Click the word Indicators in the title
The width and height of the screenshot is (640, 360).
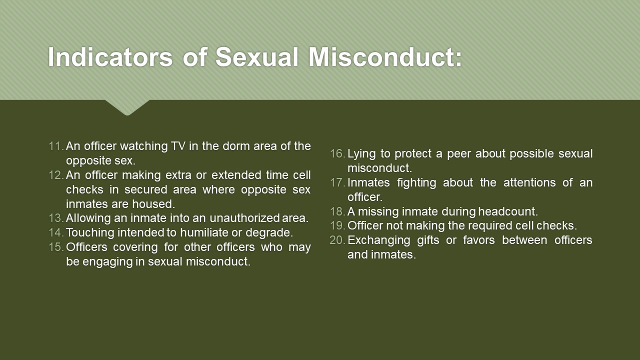(110, 57)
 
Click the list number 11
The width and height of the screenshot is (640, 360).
(56, 146)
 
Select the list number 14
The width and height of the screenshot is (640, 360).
(56, 232)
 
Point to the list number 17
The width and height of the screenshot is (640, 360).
(337, 182)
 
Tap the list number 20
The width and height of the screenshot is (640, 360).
(337, 240)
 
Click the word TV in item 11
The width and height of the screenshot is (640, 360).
(178, 146)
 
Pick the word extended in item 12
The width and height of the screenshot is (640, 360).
(236, 175)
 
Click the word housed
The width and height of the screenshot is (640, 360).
(153, 204)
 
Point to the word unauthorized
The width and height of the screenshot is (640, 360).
(244, 218)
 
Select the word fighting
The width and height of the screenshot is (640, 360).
(416, 183)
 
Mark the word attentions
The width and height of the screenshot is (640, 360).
(529, 182)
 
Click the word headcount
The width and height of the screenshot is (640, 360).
(508, 211)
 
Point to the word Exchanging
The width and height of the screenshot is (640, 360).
(379, 240)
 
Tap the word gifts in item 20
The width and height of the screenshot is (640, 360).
(428, 240)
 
